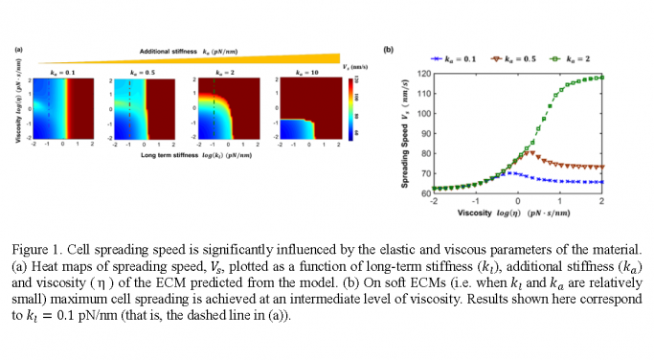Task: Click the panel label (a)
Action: click(17, 48)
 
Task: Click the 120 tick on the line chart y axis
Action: click(422, 73)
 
